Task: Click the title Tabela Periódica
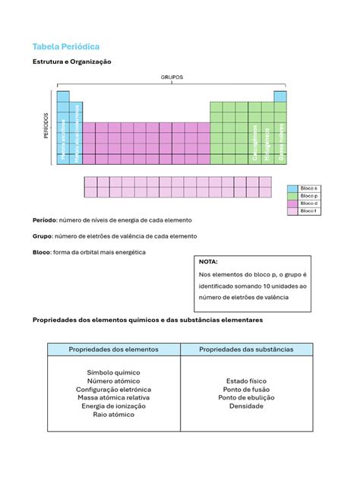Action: pos(65,46)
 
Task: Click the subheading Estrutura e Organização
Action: pos(71,62)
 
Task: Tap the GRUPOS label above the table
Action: pos(171,77)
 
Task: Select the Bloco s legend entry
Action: pos(309,188)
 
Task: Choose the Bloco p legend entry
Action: pos(309,195)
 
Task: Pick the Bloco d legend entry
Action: pos(309,204)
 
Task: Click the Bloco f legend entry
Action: pos(309,211)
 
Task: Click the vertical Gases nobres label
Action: pos(280,142)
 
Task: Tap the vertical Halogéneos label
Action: pos(267,144)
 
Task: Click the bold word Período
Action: pos(44,220)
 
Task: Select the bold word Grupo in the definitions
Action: pos(42,236)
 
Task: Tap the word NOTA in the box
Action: pos(208,261)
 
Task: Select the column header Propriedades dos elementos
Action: pos(114,349)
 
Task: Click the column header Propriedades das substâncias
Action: pos(246,349)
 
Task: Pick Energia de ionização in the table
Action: pos(114,406)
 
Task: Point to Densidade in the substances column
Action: pos(246,406)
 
